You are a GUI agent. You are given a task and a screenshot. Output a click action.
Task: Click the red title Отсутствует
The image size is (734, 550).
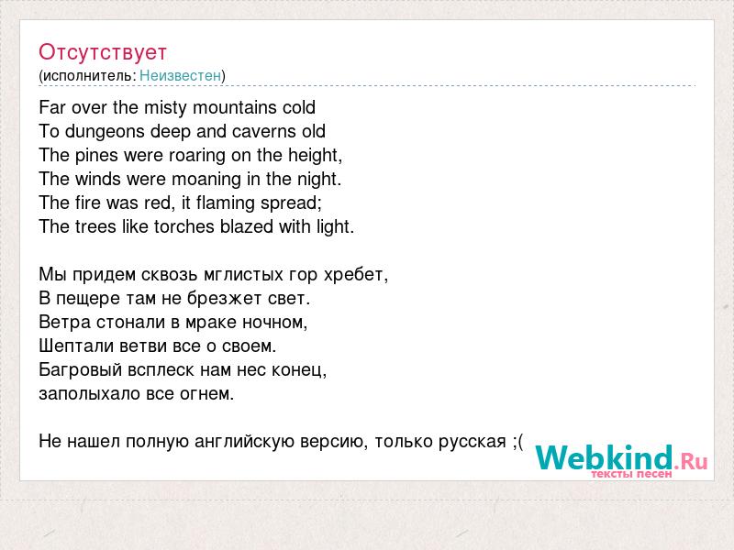[103, 52]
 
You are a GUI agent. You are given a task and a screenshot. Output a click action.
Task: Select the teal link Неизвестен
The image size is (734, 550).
[180, 75]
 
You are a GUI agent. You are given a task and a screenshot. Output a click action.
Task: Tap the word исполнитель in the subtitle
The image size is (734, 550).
[87, 76]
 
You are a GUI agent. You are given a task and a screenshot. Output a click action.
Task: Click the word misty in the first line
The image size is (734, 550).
[165, 108]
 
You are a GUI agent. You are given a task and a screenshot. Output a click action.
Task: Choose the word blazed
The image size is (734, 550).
[247, 226]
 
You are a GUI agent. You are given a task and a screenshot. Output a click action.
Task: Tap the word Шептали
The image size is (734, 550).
[76, 346]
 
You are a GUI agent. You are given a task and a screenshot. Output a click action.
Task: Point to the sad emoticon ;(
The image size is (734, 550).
[517, 442]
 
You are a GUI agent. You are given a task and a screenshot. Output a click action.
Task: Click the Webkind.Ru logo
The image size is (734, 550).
[621, 461]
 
